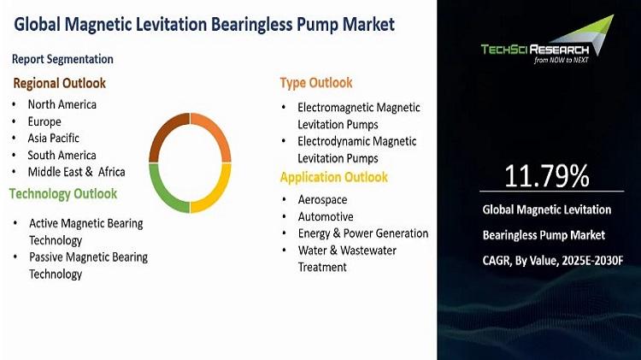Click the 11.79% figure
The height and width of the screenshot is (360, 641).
pos(547,176)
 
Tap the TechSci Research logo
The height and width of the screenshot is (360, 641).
pos(547,39)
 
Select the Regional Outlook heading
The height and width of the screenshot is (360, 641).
pos(59,84)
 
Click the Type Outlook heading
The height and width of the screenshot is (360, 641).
pos(316,83)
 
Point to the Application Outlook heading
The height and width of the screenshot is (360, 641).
pos(333,177)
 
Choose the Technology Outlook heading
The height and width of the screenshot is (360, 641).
pos(63,193)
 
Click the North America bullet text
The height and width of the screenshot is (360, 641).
pos(62,104)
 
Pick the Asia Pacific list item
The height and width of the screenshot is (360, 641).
pos(54,139)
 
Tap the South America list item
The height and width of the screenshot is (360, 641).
pos(62,156)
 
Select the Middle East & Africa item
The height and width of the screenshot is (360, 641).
pos(76,172)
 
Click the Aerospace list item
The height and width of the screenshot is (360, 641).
pos(322,199)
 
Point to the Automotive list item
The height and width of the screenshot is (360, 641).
pos(326,217)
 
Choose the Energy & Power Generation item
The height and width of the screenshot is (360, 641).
pos(363,233)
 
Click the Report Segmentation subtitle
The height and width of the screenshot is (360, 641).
pos(62,59)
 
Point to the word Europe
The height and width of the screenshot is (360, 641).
pos(44,122)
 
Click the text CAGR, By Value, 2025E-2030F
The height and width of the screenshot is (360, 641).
pos(553,261)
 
